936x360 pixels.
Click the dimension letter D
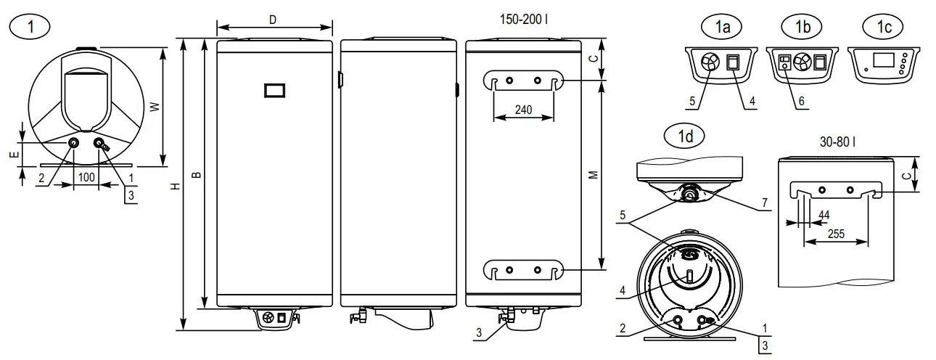coord(272,20)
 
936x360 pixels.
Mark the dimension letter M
coord(594,175)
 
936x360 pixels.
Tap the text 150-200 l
coord(523,18)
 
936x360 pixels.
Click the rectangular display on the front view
coord(275,90)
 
